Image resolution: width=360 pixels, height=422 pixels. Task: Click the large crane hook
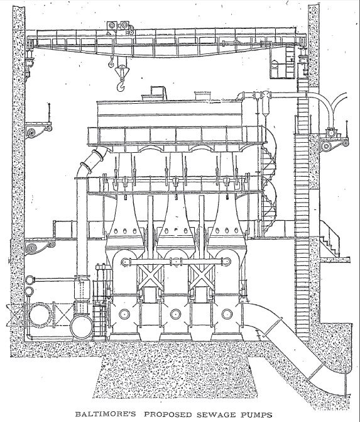[x=121, y=78]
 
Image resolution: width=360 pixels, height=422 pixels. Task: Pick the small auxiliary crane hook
[x=111, y=63]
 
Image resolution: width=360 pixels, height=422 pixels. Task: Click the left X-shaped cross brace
[x=150, y=277]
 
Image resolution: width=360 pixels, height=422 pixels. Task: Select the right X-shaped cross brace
[x=202, y=277]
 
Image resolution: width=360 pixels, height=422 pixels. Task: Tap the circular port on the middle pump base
[x=175, y=314]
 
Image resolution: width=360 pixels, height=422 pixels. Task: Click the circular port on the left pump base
[x=124, y=314]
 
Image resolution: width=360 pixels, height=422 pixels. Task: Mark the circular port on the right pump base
[x=227, y=314]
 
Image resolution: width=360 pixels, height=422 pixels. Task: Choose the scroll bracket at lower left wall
[x=39, y=247]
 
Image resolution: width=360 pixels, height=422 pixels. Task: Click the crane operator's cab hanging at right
[x=282, y=63]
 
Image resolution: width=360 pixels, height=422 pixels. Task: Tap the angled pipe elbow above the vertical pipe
[x=91, y=160]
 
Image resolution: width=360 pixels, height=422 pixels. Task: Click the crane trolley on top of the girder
[x=121, y=28]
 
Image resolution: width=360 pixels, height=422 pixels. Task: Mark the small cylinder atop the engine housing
[x=203, y=96]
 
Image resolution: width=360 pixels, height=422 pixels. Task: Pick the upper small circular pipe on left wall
[x=30, y=280]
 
